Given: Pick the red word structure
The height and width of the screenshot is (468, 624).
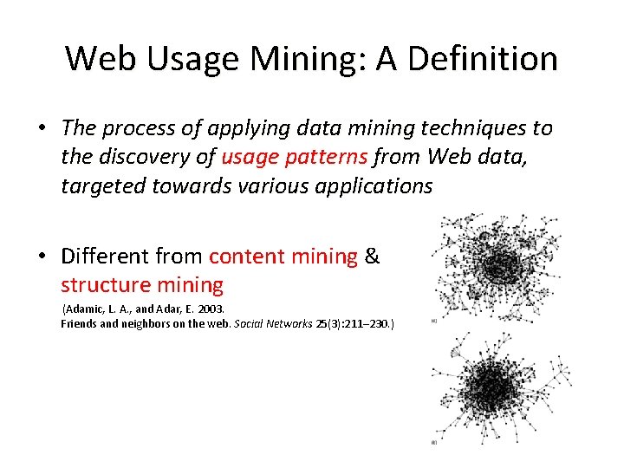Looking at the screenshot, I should (102, 284).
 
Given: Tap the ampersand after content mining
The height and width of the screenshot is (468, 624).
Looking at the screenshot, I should (373, 257).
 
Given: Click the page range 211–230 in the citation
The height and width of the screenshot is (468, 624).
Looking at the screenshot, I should (368, 323).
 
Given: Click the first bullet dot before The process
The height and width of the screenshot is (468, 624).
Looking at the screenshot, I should (41, 129).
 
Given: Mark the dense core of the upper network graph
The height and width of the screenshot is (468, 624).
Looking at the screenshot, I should (497, 269).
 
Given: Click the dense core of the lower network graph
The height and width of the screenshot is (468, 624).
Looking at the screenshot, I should (491, 386).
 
